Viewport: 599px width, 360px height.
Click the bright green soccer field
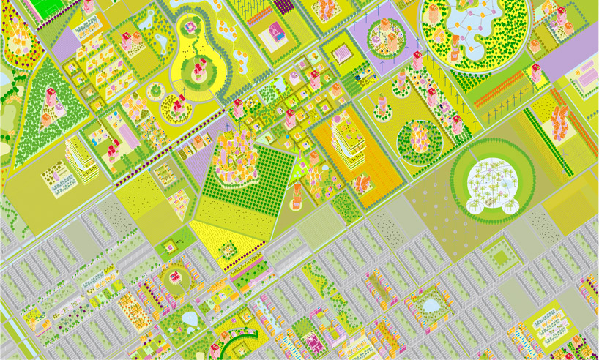click(52, 7)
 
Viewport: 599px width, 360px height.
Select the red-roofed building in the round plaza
click(176, 276)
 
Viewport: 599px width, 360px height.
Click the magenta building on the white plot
click(278, 31)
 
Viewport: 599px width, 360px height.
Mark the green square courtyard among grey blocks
click(502, 257)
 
